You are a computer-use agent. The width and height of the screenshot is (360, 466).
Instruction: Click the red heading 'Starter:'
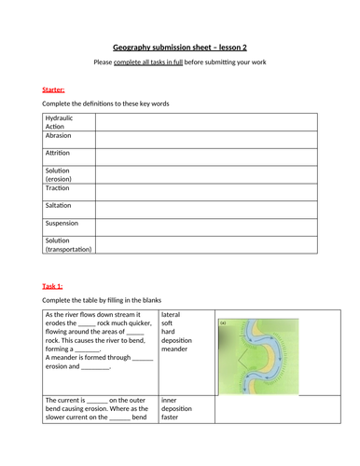pyautogui.click(x=54, y=89)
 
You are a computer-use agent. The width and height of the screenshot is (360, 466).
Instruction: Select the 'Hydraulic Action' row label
pyautogui.click(x=58, y=122)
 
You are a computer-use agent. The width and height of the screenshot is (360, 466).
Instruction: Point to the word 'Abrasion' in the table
pyautogui.click(x=60, y=136)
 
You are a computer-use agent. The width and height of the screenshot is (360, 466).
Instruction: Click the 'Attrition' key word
pyautogui.click(x=59, y=151)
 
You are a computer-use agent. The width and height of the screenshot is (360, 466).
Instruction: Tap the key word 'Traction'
pyautogui.click(x=59, y=188)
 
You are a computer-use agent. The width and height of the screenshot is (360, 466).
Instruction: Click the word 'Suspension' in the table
pyautogui.click(x=62, y=224)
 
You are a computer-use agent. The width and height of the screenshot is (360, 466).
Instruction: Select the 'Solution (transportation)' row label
pyautogui.click(x=68, y=244)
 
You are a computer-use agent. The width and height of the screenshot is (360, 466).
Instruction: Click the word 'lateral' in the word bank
pyautogui.click(x=173, y=316)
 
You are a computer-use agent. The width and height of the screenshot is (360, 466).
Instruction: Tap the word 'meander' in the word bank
pyautogui.click(x=176, y=349)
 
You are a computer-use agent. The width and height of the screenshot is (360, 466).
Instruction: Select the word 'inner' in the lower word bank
pyautogui.click(x=172, y=399)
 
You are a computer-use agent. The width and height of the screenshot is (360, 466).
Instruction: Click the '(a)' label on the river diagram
pyautogui.click(x=223, y=323)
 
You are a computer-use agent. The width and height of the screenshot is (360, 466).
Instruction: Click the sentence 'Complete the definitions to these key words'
pyautogui.click(x=108, y=103)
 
